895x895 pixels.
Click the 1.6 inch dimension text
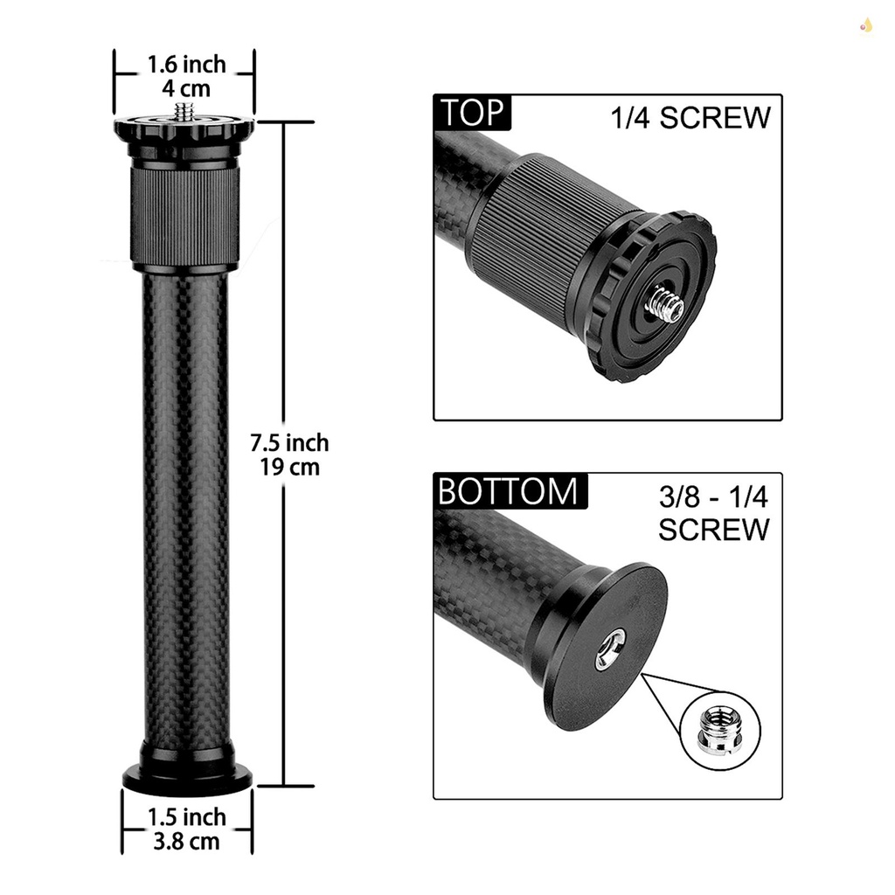(185, 65)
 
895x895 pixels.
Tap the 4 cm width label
(185, 88)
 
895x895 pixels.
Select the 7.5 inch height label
(290, 442)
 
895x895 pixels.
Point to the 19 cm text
(290, 467)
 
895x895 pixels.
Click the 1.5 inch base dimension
(185, 817)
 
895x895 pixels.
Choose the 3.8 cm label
(185, 842)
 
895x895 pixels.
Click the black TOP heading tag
(473, 114)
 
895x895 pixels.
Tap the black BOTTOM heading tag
(509, 492)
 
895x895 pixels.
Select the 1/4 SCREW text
(690, 119)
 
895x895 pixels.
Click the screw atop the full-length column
(184, 111)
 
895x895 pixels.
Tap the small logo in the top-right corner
(866, 25)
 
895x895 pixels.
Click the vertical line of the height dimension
(284, 350)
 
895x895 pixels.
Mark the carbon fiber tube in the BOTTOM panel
(489, 568)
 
